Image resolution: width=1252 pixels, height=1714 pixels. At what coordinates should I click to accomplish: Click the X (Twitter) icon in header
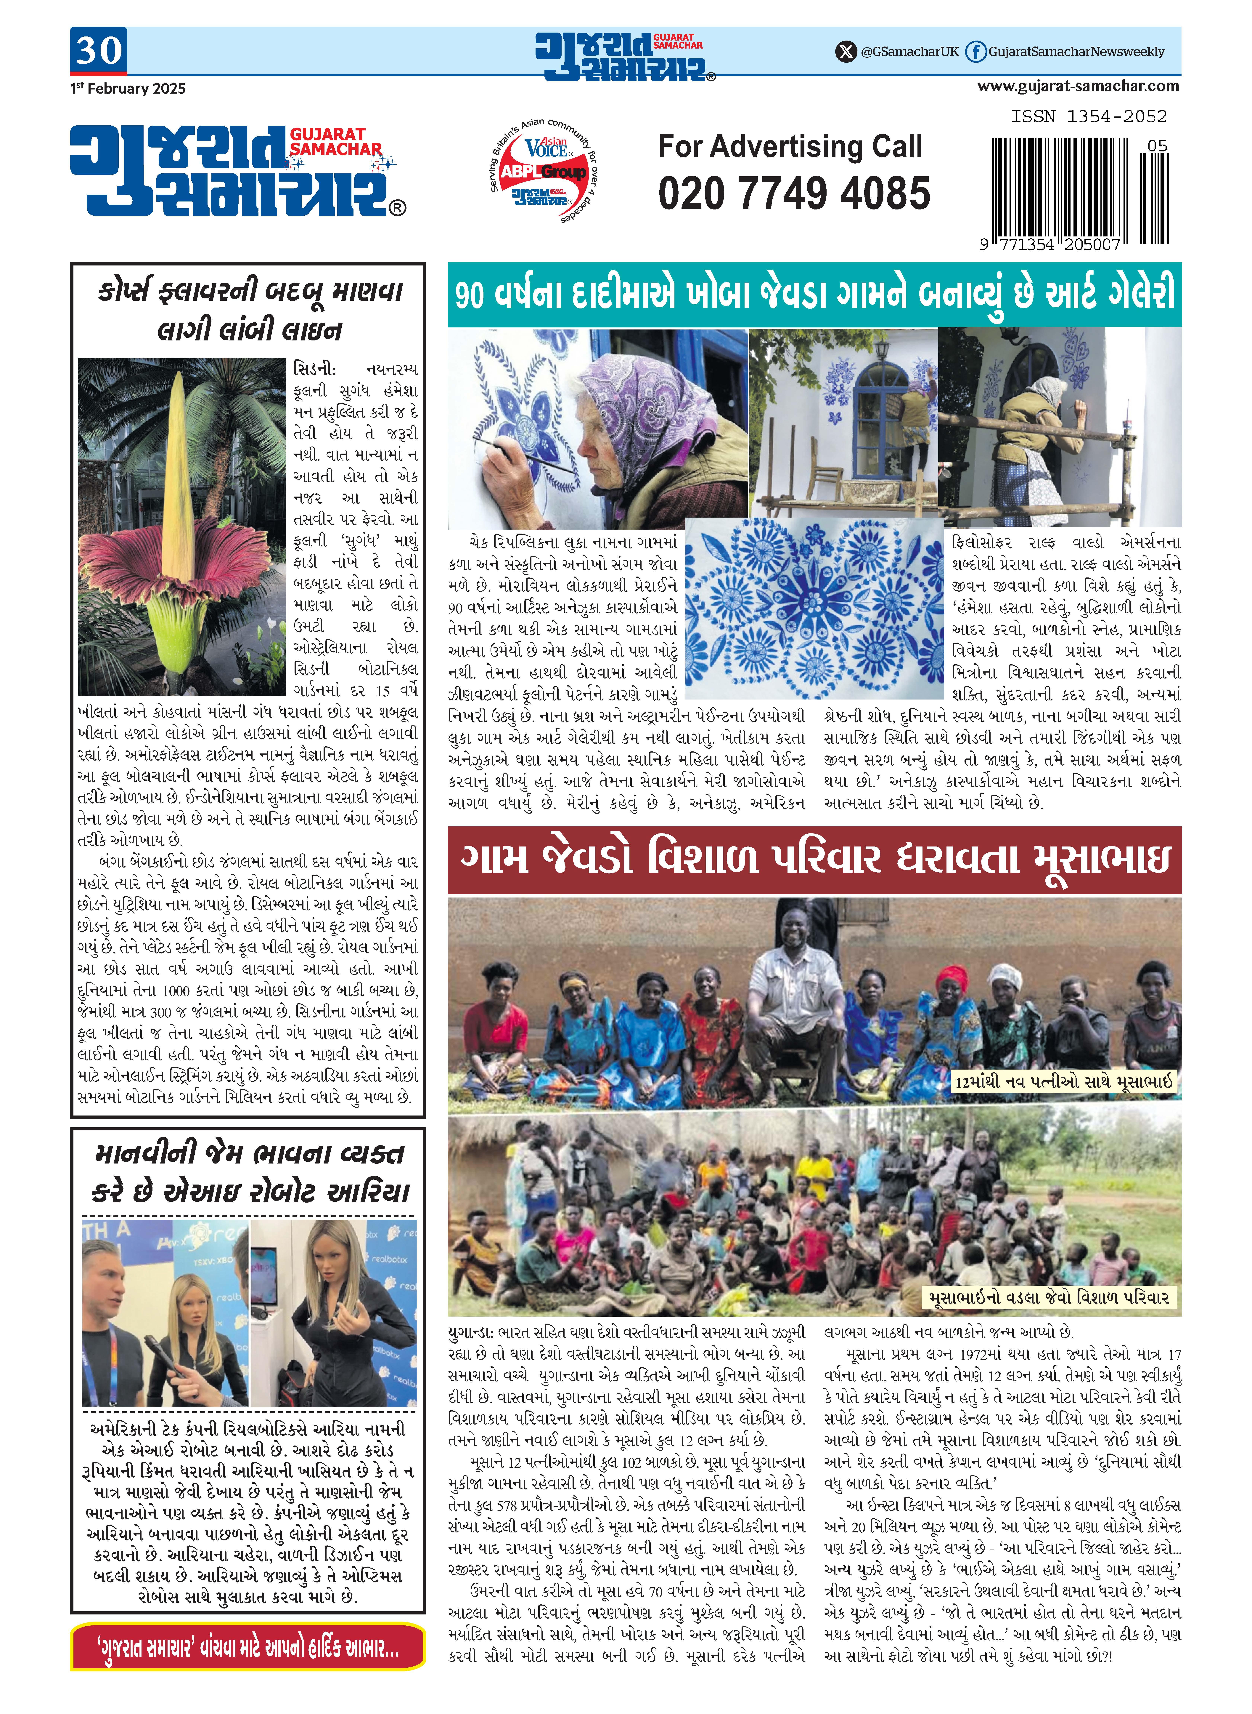(845, 52)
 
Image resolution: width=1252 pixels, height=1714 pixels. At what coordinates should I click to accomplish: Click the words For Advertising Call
(790, 146)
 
